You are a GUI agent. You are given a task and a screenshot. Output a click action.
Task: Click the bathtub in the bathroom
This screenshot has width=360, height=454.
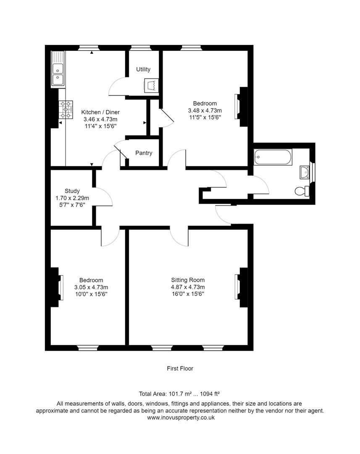[x=273, y=157]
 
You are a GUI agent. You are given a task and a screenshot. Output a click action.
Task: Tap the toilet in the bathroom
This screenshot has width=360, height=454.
[x=302, y=191]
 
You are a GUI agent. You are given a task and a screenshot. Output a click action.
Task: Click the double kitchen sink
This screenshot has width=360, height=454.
[x=58, y=69]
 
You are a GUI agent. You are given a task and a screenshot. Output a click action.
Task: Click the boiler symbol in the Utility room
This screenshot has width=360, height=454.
[x=151, y=86]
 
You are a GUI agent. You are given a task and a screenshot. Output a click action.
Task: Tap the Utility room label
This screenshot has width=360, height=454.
[x=143, y=69]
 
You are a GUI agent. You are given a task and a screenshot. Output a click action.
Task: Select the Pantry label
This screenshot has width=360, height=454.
[x=144, y=153]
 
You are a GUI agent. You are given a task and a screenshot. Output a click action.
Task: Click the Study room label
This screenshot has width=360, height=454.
[x=72, y=190]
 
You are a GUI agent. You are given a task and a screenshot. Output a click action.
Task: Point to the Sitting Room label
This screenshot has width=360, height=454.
[x=188, y=280]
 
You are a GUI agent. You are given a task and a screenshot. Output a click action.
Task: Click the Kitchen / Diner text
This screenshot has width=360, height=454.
[x=100, y=112]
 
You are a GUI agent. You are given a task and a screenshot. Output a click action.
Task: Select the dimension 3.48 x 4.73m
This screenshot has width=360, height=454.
[x=205, y=111]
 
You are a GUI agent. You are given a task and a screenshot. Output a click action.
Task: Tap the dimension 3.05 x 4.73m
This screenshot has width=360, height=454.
[x=91, y=287]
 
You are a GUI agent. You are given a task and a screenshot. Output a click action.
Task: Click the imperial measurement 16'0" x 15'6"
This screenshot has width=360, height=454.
[x=188, y=294]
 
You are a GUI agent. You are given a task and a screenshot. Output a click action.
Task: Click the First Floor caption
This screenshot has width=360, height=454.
[x=180, y=368]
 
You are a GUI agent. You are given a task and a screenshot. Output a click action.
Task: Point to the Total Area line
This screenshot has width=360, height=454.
[x=180, y=394]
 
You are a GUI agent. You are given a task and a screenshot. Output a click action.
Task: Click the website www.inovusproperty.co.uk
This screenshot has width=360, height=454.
[x=180, y=418]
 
